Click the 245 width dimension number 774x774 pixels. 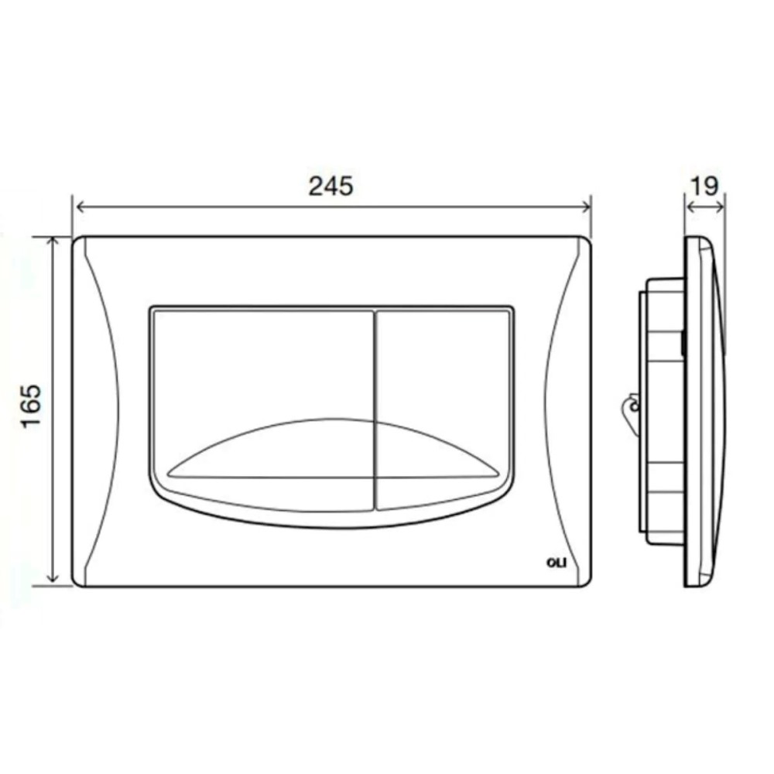pyautogui.click(x=330, y=186)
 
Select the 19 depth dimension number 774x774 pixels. pyautogui.click(x=704, y=186)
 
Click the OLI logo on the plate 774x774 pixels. pyautogui.click(x=557, y=562)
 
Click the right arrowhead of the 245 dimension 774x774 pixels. pyautogui.click(x=585, y=207)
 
